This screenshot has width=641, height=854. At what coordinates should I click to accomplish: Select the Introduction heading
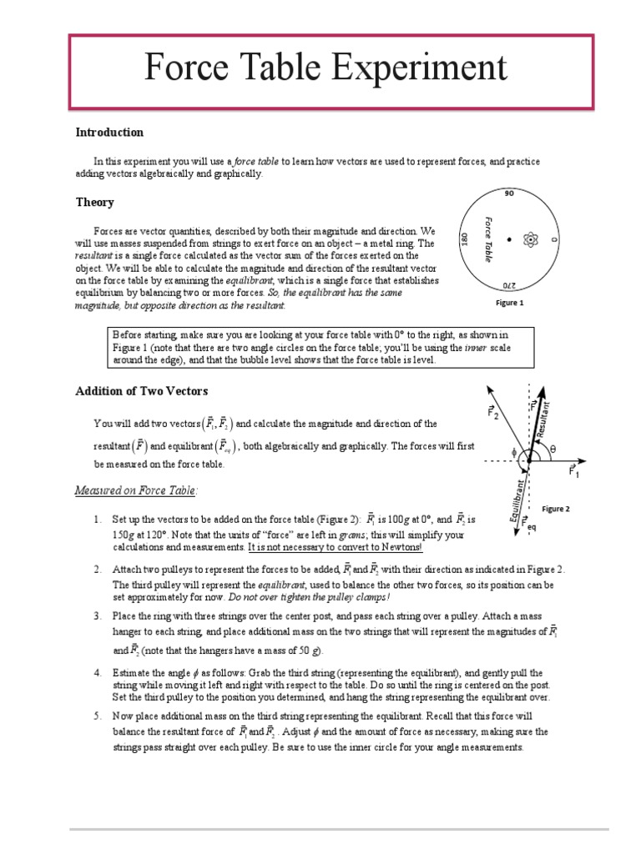click(x=109, y=133)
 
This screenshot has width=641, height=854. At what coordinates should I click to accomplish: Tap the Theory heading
click(x=94, y=203)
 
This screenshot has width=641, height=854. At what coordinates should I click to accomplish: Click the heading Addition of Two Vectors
click(x=142, y=391)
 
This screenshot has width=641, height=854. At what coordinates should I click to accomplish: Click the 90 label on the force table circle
click(x=509, y=193)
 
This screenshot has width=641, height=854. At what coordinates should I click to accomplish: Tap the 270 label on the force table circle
click(x=509, y=285)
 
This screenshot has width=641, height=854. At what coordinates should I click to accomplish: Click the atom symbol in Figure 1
click(x=528, y=240)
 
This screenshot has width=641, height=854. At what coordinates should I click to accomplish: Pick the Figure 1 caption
click(x=509, y=304)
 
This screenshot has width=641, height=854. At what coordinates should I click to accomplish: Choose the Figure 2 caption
click(x=555, y=508)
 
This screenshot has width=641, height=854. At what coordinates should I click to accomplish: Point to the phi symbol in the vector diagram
click(x=514, y=455)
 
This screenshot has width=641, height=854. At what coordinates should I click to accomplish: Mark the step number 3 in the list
click(x=97, y=615)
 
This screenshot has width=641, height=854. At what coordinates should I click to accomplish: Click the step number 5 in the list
click(x=97, y=716)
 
